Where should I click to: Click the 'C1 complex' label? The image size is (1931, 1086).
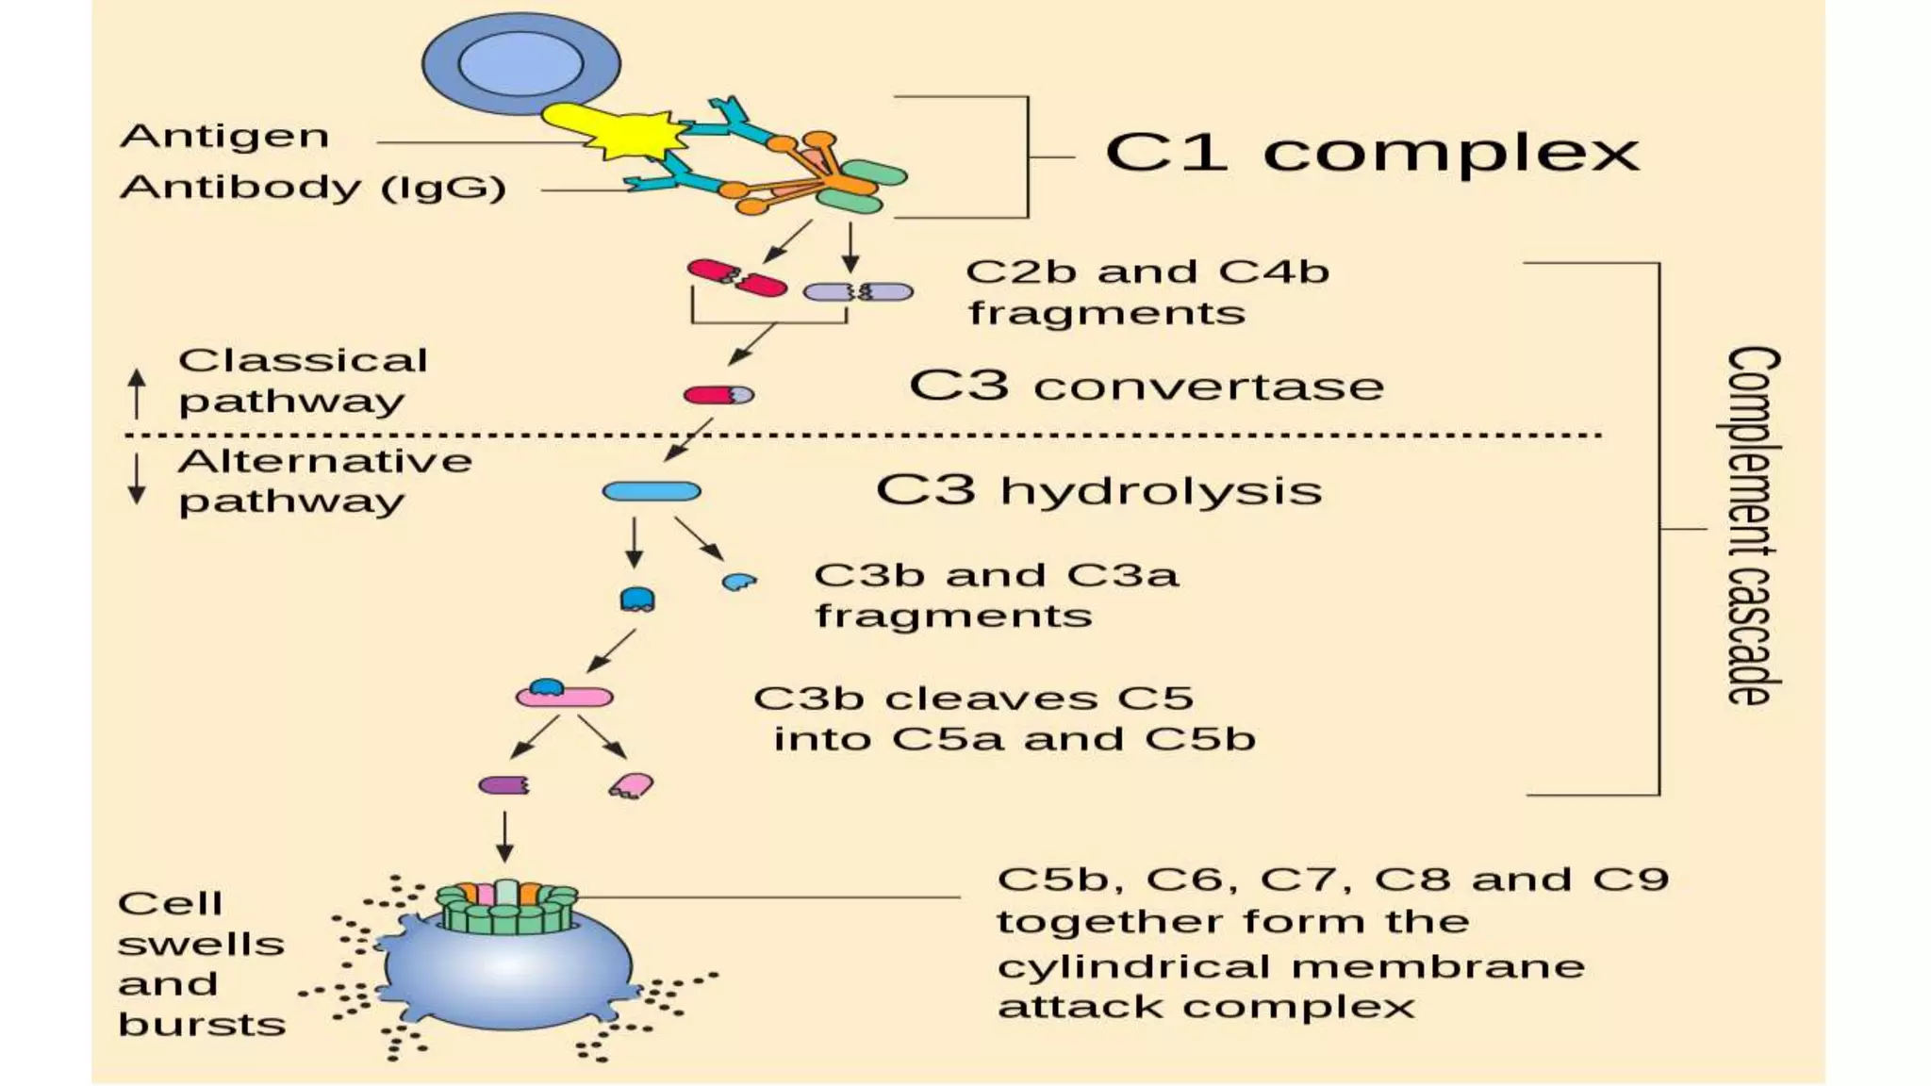click(1372, 153)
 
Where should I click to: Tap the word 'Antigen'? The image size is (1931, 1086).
click(224, 137)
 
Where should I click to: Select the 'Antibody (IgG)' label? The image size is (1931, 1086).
click(313, 187)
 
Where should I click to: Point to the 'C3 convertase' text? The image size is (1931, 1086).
click(1146, 386)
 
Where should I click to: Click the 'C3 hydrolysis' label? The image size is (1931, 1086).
click(1098, 490)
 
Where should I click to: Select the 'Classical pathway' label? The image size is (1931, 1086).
click(302, 380)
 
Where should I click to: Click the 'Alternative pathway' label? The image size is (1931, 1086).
click(323, 481)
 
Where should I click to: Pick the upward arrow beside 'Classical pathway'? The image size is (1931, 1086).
click(138, 392)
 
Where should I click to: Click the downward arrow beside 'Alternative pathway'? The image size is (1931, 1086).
click(138, 479)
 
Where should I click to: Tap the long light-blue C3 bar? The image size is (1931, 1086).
click(652, 491)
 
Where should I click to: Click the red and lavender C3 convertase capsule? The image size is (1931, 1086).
click(718, 395)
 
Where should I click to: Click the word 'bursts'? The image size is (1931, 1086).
click(202, 1025)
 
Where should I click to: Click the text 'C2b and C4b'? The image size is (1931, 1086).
click(1147, 271)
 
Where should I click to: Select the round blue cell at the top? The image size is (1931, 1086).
click(520, 63)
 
